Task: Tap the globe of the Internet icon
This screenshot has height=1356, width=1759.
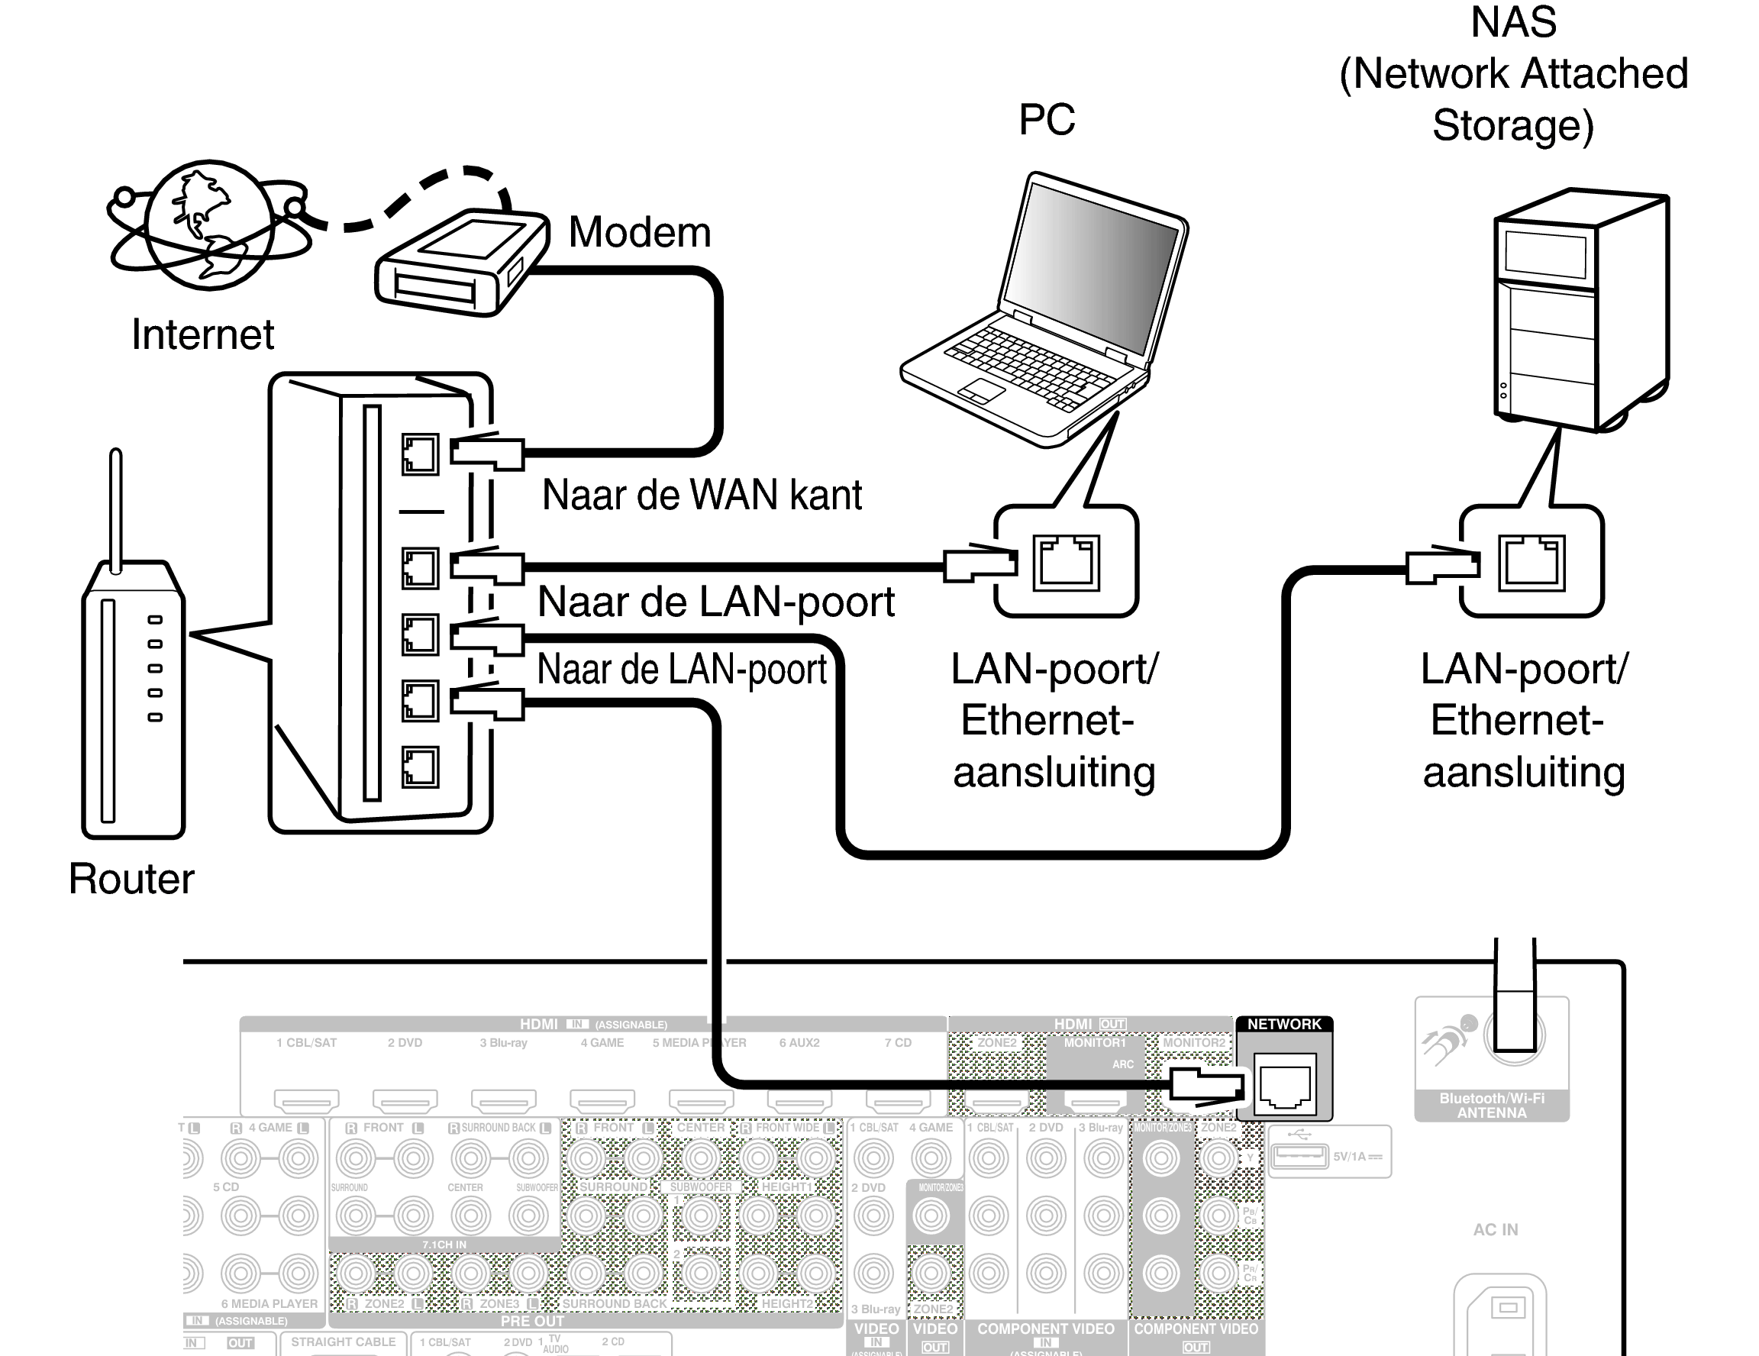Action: (x=209, y=224)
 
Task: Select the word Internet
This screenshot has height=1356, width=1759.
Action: (x=202, y=334)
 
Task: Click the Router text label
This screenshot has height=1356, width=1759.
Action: (x=131, y=879)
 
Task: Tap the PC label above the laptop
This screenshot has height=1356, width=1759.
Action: (x=1046, y=120)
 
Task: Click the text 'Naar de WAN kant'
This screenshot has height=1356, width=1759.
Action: (x=702, y=495)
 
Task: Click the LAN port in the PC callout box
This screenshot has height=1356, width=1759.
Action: (x=1066, y=563)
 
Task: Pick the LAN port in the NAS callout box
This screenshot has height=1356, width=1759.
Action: (x=1531, y=563)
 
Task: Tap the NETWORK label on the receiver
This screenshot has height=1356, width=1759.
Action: (x=1284, y=1024)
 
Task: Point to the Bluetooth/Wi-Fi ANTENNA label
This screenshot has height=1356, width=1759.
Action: (x=1492, y=1106)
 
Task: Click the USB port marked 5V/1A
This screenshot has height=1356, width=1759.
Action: (x=1299, y=1156)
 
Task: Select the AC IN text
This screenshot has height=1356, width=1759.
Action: (x=1495, y=1229)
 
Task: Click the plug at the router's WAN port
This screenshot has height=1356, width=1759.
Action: (x=486, y=454)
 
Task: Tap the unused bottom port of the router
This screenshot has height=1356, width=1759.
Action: (x=420, y=767)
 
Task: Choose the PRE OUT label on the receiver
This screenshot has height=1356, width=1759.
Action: (x=531, y=1322)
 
